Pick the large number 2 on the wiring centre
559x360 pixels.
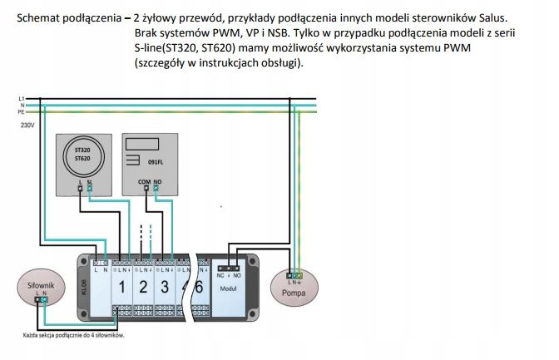click(x=143, y=288)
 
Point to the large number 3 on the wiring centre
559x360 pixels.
click(x=165, y=288)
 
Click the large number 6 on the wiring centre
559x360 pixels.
click(x=198, y=288)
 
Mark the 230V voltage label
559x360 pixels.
click(x=27, y=126)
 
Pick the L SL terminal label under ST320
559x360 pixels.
click(x=84, y=181)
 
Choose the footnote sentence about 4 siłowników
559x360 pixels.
click(x=73, y=336)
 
